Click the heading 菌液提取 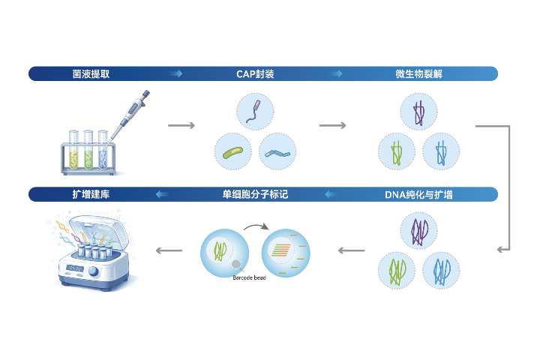point(96,74)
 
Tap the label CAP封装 point(255,74)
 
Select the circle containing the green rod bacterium point(233,152)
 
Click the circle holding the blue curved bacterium point(277,152)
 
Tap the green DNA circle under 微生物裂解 point(397,152)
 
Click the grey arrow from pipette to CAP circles point(181,125)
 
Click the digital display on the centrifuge point(75,268)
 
